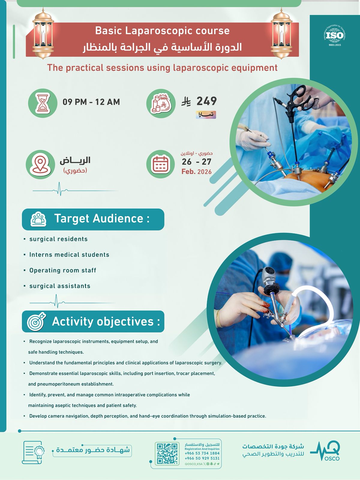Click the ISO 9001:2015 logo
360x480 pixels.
coord(334,36)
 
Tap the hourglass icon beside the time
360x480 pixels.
coord(43,103)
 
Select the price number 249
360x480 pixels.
coord(207,101)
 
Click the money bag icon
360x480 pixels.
coord(161,103)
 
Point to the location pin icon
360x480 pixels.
coord(40,164)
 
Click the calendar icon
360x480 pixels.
coord(161,164)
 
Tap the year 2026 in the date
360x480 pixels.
coord(204,172)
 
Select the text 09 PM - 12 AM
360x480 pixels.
coord(91,102)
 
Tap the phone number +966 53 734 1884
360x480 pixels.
coord(202,453)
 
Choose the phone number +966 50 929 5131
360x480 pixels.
coord(202,458)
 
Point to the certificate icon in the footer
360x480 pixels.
coord(33,452)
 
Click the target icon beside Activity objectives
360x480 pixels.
coord(36,322)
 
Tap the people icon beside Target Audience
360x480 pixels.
coord(38,219)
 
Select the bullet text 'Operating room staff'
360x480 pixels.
coord(63,271)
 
